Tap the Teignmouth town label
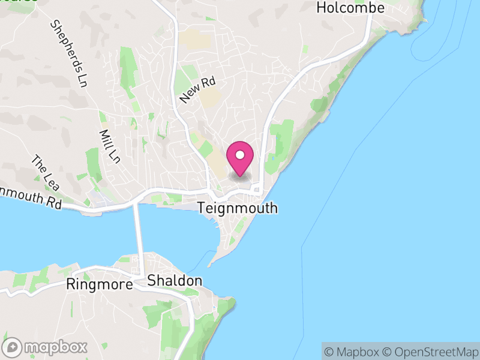(238, 209)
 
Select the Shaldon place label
(175, 281)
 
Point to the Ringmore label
(100, 284)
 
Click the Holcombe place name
(350, 8)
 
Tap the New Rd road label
(197, 90)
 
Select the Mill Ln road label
(109, 146)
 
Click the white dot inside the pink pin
(240, 155)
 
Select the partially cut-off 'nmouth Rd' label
(30, 197)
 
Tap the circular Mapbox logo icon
(13, 347)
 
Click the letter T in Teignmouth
(202, 209)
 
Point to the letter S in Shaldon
(151, 281)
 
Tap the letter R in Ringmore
(71, 284)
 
